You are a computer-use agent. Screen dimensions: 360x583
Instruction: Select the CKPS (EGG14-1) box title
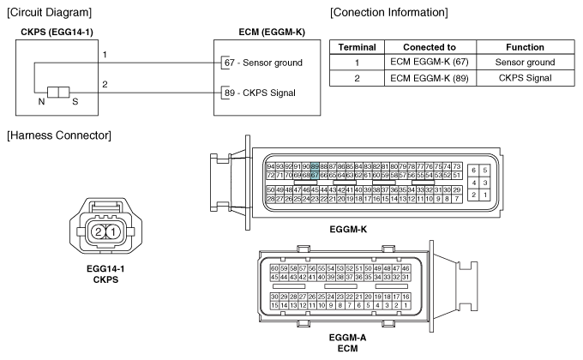[57, 33]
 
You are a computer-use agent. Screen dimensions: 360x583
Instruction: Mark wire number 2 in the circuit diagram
[105, 84]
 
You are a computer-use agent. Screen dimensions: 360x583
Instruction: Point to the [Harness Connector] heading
[55, 136]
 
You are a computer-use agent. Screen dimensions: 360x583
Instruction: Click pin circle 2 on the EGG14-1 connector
[99, 232]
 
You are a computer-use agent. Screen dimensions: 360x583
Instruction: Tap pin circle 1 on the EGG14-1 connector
[112, 232]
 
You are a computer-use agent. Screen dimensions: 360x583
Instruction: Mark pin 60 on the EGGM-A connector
[274, 268]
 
